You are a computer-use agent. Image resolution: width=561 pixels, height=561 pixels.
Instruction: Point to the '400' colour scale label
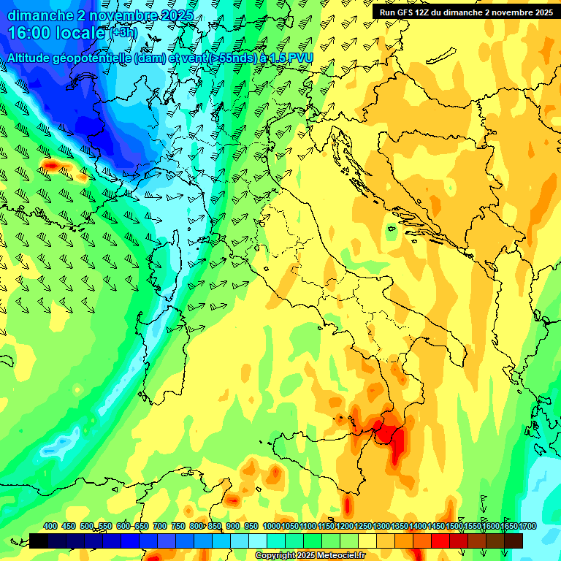click(x=50, y=526)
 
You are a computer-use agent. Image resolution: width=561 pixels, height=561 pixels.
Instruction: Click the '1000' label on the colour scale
click(x=272, y=526)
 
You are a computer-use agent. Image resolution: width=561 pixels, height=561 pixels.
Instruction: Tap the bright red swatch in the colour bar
click(x=440, y=541)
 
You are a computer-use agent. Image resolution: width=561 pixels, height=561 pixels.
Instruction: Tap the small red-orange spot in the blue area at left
click(x=53, y=167)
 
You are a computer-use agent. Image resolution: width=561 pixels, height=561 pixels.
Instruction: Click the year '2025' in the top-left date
click(x=175, y=15)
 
